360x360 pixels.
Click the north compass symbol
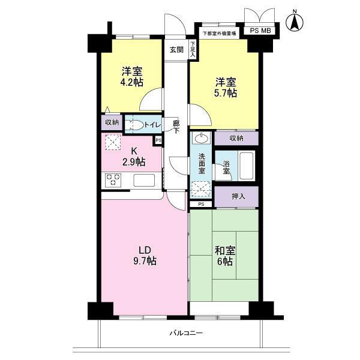tap(295, 21)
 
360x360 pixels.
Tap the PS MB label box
tap(260, 31)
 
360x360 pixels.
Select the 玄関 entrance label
tap(176, 50)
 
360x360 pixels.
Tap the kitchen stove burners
tap(114, 179)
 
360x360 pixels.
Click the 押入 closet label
tap(237, 196)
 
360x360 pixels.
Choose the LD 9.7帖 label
tap(145, 256)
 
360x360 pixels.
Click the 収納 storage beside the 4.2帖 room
tap(112, 122)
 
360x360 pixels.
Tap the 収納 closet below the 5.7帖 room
tap(236, 138)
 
